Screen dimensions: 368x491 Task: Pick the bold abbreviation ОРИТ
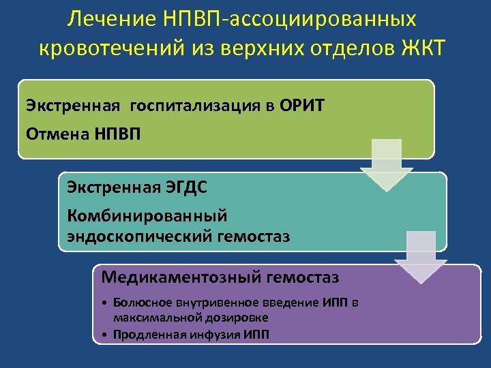(x=302, y=106)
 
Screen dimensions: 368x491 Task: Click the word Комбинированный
(x=147, y=215)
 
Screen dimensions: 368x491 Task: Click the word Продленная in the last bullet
(x=144, y=334)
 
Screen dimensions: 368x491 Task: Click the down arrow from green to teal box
(x=387, y=164)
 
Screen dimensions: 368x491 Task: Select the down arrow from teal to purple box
(x=421, y=256)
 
